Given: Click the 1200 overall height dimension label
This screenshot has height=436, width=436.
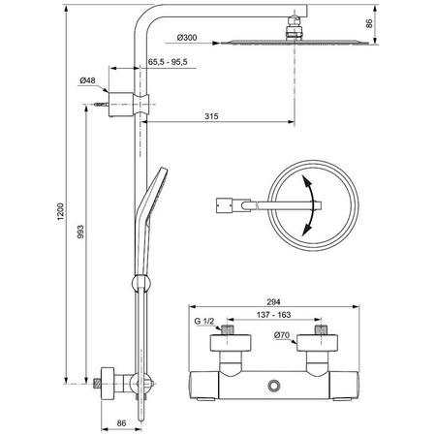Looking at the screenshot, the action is pos(61,212).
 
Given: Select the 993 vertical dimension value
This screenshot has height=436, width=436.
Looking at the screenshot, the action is pos(80,232).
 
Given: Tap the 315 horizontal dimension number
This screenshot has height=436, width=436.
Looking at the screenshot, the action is pos(211,116).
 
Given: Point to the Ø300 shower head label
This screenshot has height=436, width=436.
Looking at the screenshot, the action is pos(187,38).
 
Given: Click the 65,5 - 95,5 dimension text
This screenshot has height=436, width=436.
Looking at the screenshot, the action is pos(168,62).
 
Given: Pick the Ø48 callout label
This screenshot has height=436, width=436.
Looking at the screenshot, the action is pos(87,80).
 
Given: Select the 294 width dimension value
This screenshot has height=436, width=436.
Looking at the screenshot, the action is pos(273,301).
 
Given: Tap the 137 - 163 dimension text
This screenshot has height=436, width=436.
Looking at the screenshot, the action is pos(273,315).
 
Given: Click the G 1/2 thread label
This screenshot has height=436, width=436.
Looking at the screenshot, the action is pos(204,321).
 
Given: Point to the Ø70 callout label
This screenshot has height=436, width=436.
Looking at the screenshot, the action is pos(282,335).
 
